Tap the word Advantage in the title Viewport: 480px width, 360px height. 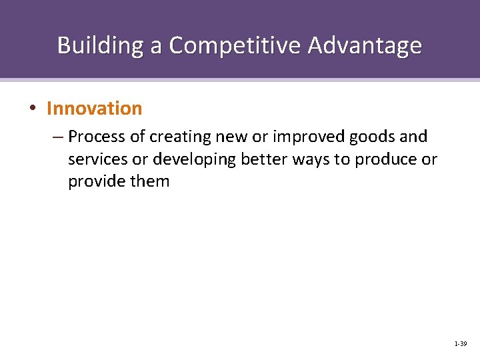coord(365,45)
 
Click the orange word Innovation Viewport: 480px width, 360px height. coord(95,108)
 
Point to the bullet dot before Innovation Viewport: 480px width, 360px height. coord(33,109)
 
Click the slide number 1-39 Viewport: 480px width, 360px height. coord(460,344)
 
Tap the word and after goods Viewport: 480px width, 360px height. coord(413,137)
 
